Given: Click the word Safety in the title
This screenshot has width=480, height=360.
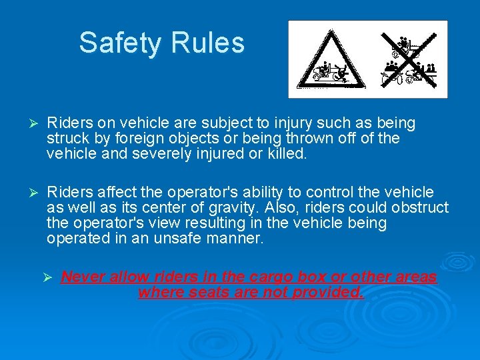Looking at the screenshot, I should (121, 43).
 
